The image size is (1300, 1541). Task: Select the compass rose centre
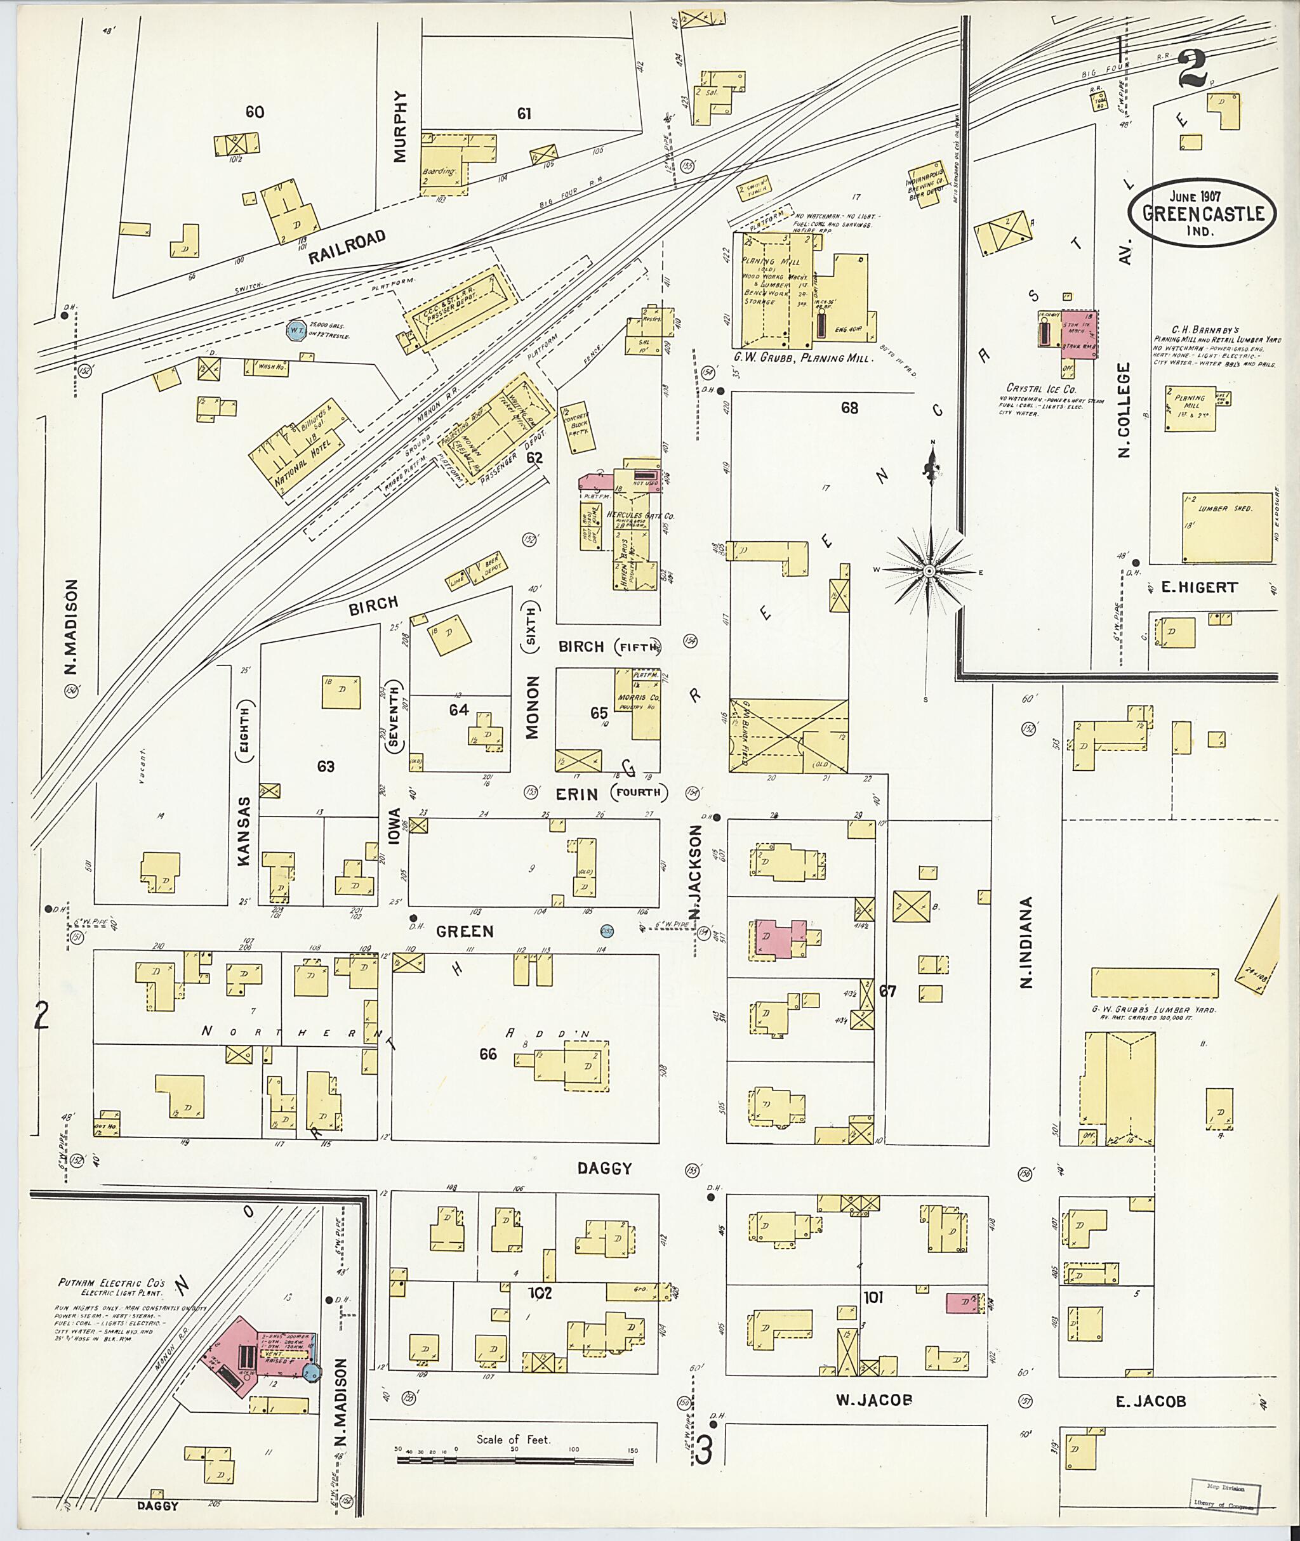(x=929, y=571)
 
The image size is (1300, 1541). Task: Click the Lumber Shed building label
(x=1225, y=508)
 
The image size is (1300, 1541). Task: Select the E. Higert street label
(x=1200, y=587)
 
